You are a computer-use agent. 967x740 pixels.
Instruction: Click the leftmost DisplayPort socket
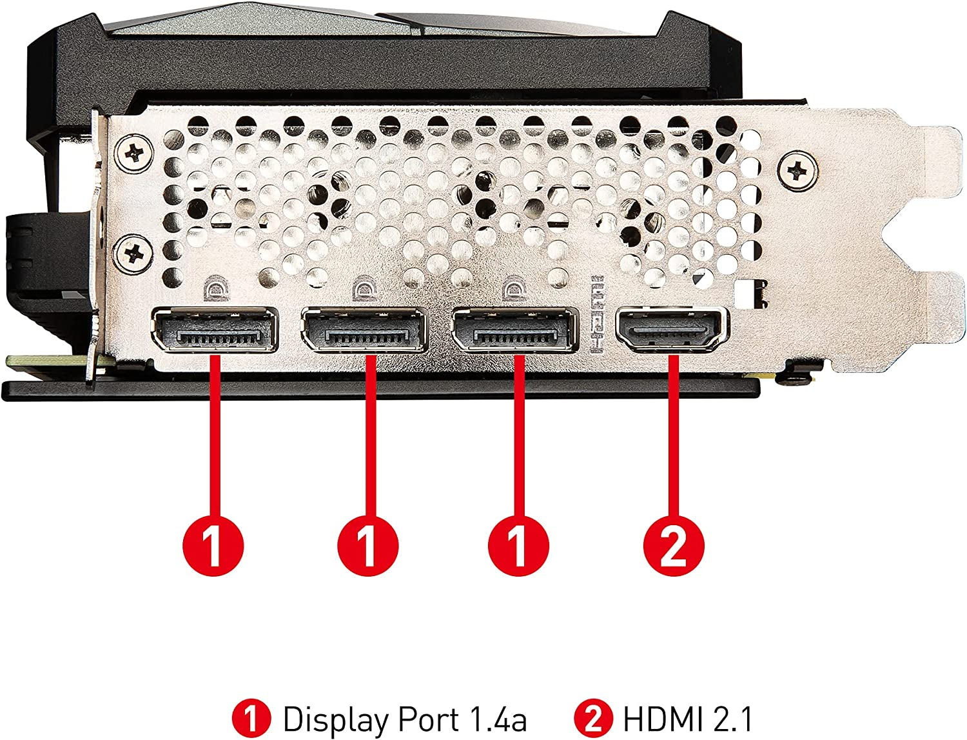[x=215, y=330]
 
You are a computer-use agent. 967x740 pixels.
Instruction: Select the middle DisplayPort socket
[x=364, y=330]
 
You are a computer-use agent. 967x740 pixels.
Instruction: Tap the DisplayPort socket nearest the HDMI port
[x=514, y=330]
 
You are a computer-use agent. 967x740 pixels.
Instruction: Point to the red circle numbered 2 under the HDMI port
[x=674, y=546]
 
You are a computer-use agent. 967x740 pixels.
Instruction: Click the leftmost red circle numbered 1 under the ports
[x=213, y=546]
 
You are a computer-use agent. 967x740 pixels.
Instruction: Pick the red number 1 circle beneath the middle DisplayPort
[x=368, y=546]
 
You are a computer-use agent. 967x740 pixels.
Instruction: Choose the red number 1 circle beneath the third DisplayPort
[x=518, y=546]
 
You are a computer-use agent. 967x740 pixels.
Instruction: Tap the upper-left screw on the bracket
[x=134, y=154]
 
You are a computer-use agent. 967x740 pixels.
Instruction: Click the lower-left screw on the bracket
[x=134, y=254]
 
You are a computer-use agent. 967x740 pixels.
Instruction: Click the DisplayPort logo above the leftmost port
[x=217, y=288]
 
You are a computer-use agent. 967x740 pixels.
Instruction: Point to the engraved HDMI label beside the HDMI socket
[x=596, y=315]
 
